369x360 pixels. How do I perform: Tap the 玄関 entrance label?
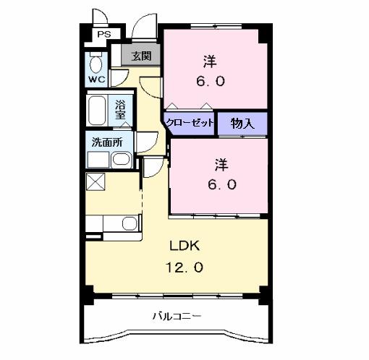[x=141, y=56]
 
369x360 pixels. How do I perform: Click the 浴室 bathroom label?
[x=121, y=109]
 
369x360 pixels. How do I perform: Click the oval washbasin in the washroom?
[x=122, y=160]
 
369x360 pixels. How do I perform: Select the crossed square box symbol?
[x=96, y=181]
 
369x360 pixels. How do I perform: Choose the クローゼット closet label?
[x=190, y=123]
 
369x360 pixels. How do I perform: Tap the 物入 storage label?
[x=242, y=124]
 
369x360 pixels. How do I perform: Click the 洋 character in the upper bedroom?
[x=211, y=61]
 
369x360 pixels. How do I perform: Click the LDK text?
[x=184, y=244]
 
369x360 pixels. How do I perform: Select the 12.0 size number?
[x=185, y=267]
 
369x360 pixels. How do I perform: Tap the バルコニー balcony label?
[x=177, y=316]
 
